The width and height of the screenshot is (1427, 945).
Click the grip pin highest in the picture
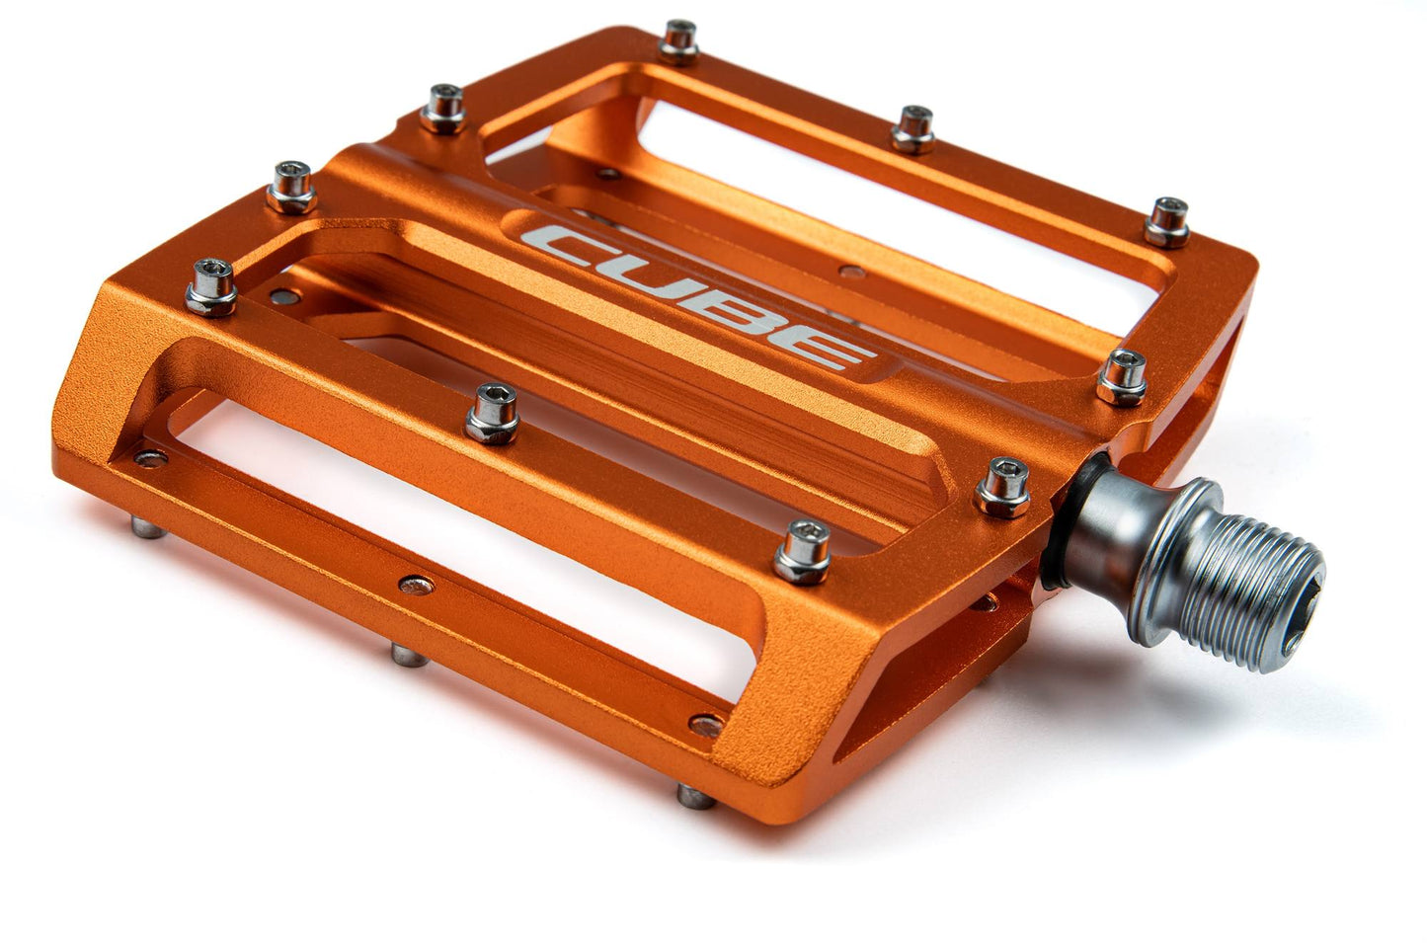(x=679, y=40)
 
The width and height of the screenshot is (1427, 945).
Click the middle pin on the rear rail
(x=913, y=127)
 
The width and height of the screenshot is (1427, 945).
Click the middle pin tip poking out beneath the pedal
(x=401, y=652)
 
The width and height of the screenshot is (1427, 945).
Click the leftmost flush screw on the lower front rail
(x=150, y=456)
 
